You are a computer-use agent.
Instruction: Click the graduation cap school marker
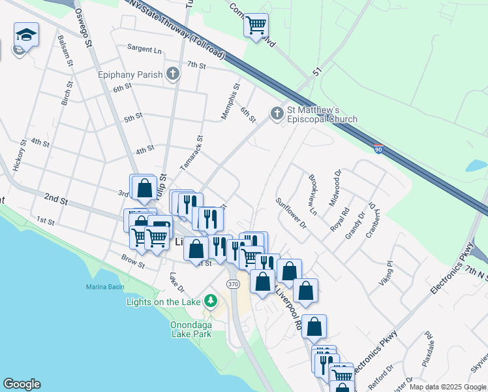coord(27,35)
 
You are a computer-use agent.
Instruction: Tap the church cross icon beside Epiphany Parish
coord(173,73)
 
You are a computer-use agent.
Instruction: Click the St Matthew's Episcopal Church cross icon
coord(277,114)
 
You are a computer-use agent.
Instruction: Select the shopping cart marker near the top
coord(256,25)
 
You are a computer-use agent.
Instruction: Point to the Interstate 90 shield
coord(378,150)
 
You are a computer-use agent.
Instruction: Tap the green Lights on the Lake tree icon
coord(210,301)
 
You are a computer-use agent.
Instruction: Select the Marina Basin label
coord(104,287)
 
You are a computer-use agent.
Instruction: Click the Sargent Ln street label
coord(144,49)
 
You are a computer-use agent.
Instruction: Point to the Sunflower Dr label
coord(290,214)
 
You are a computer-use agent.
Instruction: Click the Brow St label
coord(132,261)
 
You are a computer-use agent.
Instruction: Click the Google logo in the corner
coord(22,384)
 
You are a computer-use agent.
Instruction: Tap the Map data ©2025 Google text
coord(447,387)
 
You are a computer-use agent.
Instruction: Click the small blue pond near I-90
coord(476,165)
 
